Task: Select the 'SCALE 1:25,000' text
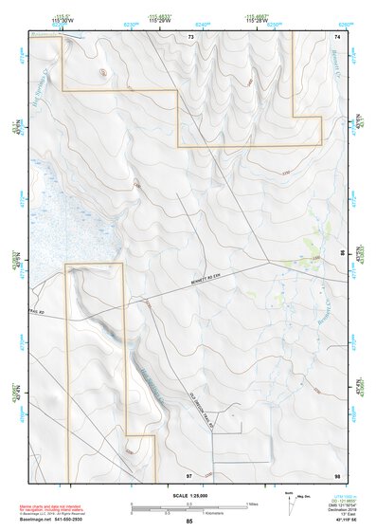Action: [x=193, y=494]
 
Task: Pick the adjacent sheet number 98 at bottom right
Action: [x=336, y=473]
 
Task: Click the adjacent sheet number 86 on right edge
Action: [x=342, y=254]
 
